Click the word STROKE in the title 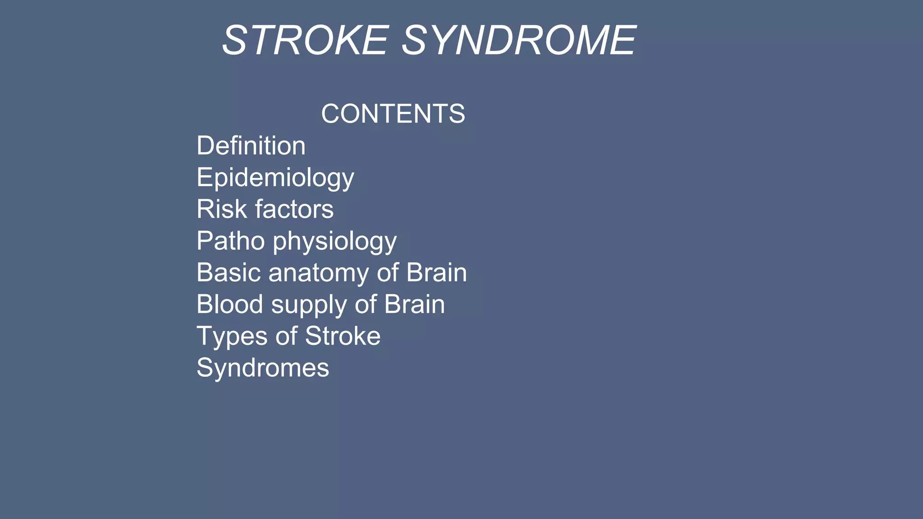coord(305,41)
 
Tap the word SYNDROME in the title coord(519,41)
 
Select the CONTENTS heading coord(393,114)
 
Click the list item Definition coord(251,146)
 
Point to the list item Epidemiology coord(275,178)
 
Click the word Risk coord(222,209)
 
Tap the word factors coord(294,209)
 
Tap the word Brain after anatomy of coord(436,273)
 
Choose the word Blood coord(230,304)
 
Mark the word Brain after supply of coord(414,304)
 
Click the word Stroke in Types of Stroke coord(343,336)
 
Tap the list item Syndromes coord(263,368)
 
